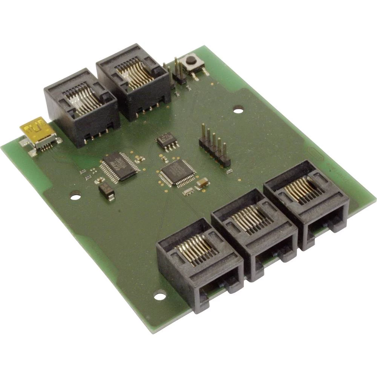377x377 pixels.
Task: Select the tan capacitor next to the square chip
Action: point(202,183)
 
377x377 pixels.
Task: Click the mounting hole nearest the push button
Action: point(238,110)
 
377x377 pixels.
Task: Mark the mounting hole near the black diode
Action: point(75,196)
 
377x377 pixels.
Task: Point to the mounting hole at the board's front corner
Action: point(160,296)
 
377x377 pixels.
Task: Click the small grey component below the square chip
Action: point(187,192)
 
